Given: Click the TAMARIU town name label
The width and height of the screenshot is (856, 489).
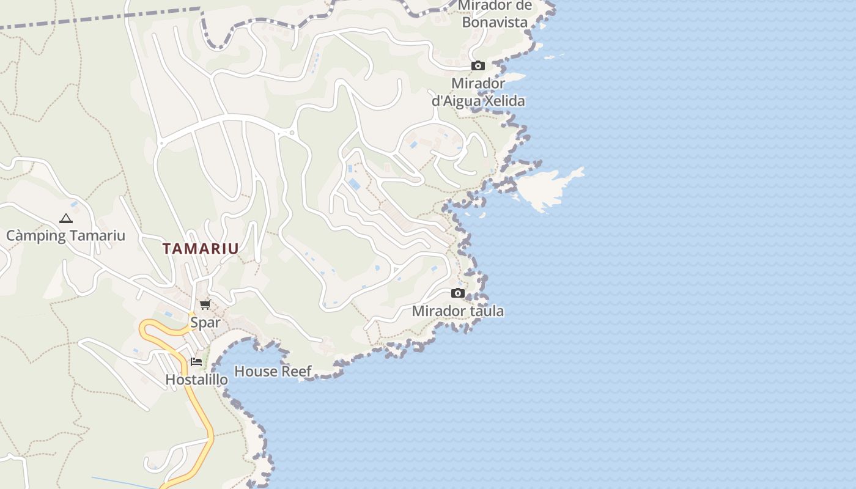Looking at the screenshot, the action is [x=201, y=249].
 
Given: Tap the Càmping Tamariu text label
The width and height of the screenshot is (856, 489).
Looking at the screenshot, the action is [x=65, y=236].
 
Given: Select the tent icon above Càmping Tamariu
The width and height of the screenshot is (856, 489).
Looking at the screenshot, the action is [x=65, y=218].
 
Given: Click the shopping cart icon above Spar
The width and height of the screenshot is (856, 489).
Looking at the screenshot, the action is [x=205, y=304].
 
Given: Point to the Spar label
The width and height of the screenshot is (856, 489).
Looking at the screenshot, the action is [x=205, y=322].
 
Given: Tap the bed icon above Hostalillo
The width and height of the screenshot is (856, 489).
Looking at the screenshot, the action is [x=196, y=361].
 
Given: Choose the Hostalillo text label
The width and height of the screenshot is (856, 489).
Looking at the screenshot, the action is [x=196, y=380].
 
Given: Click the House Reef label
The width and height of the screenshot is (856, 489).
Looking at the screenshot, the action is [x=273, y=371].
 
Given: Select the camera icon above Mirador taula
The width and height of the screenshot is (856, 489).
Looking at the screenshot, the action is [x=457, y=293].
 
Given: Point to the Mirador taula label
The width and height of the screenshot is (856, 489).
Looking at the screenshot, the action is [x=458, y=311].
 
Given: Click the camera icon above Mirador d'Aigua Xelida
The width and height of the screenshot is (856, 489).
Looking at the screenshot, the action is [x=478, y=65].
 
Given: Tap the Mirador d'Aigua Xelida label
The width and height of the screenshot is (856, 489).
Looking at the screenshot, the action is [x=478, y=92].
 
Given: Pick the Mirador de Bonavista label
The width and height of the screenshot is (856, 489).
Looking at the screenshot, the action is [x=495, y=13].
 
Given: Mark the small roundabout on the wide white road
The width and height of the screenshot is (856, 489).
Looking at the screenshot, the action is [x=292, y=133].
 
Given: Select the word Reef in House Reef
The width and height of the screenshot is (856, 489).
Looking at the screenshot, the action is [x=296, y=371].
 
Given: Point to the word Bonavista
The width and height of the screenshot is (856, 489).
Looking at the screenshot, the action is [x=495, y=22].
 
